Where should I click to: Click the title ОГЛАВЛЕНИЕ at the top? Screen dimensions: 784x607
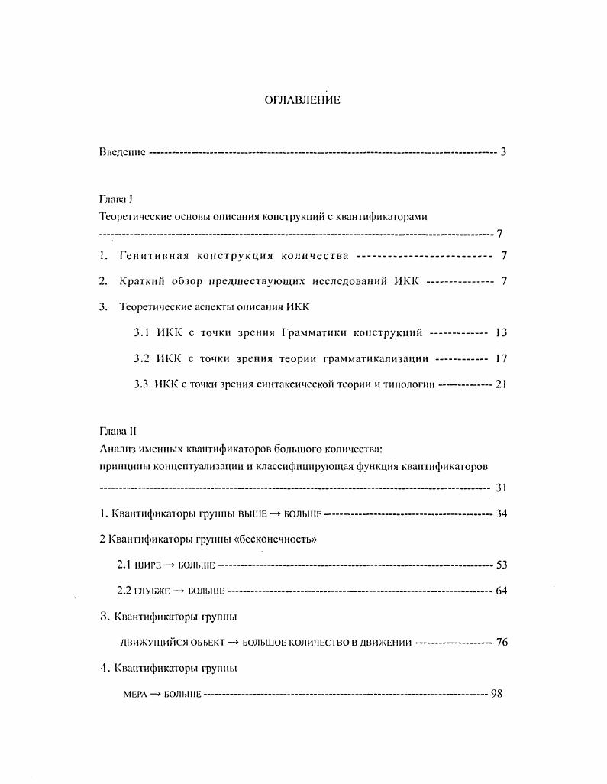(x=302, y=100)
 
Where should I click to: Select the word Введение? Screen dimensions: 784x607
(x=122, y=151)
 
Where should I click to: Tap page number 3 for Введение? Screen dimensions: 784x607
(x=503, y=151)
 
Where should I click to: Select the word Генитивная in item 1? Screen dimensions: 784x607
(x=153, y=255)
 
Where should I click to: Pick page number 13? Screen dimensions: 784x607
(x=501, y=332)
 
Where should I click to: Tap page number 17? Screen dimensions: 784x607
(x=501, y=358)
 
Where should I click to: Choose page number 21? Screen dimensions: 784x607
(x=501, y=384)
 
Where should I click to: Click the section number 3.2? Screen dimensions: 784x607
(x=142, y=358)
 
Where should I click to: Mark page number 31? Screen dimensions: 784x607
(x=502, y=488)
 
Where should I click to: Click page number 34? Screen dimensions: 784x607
(x=502, y=513)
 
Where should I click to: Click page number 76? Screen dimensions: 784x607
(x=502, y=643)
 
